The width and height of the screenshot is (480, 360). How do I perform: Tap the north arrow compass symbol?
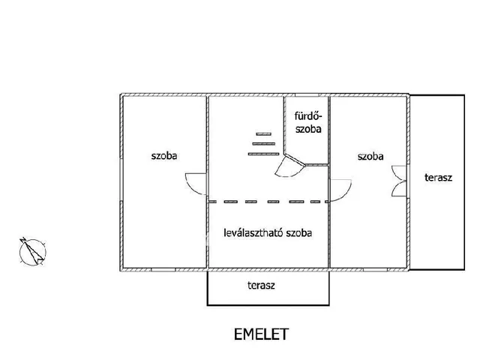[31, 250]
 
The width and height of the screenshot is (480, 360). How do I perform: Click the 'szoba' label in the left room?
[169, 157]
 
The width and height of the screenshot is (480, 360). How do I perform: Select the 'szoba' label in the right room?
[370, 157]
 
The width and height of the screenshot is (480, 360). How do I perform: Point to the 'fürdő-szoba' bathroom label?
[307, 122]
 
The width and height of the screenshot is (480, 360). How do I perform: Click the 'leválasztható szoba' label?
[268, 232]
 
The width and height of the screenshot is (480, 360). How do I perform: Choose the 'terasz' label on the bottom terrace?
[260, 286]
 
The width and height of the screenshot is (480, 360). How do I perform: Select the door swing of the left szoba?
[194, 183]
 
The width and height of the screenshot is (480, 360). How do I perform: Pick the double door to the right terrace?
[397, 181]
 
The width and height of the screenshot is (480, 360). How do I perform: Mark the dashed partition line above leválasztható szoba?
[268, 202]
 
